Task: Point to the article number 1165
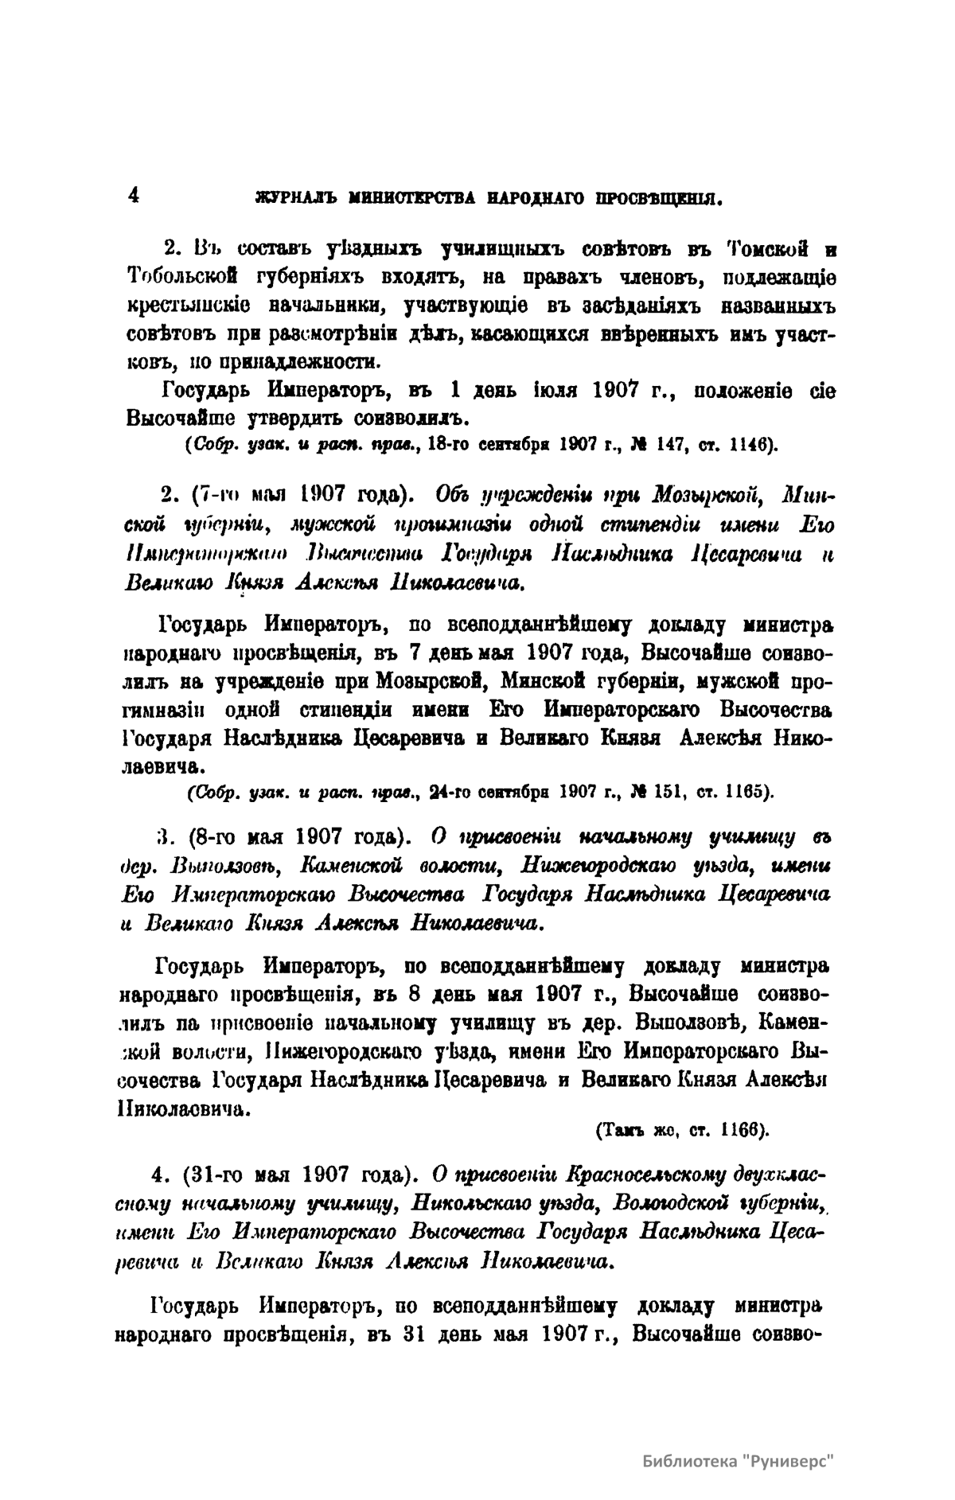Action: [745, 793]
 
